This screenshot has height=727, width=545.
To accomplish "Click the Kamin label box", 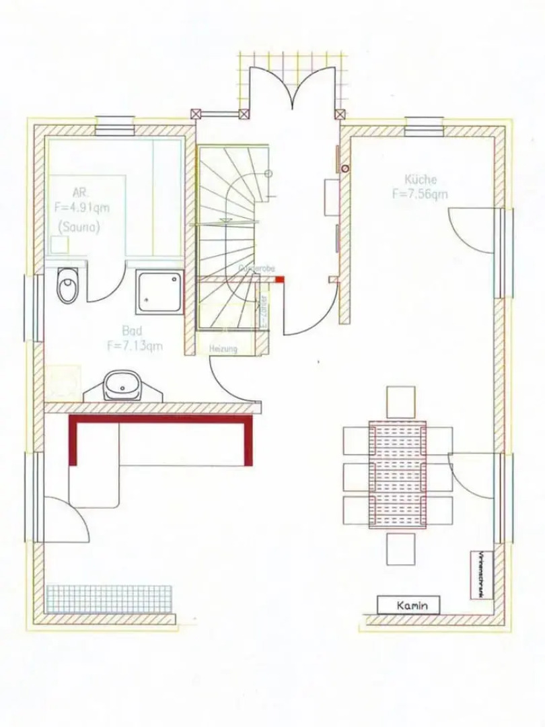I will point(408,605).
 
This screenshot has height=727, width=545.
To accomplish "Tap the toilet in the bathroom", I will point(68,287).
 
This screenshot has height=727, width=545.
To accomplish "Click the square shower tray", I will point(159,291).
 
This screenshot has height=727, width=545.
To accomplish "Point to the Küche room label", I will point(421,180).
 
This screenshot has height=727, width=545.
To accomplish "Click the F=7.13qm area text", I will point(134,346).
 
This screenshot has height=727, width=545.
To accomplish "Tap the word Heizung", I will point(223,349).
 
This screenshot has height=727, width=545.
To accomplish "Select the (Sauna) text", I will point(79,228).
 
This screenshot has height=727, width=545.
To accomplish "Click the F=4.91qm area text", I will point(81,208).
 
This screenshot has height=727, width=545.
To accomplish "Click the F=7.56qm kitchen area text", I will point(420,195).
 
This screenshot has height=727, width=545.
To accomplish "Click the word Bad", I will point(132,331).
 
